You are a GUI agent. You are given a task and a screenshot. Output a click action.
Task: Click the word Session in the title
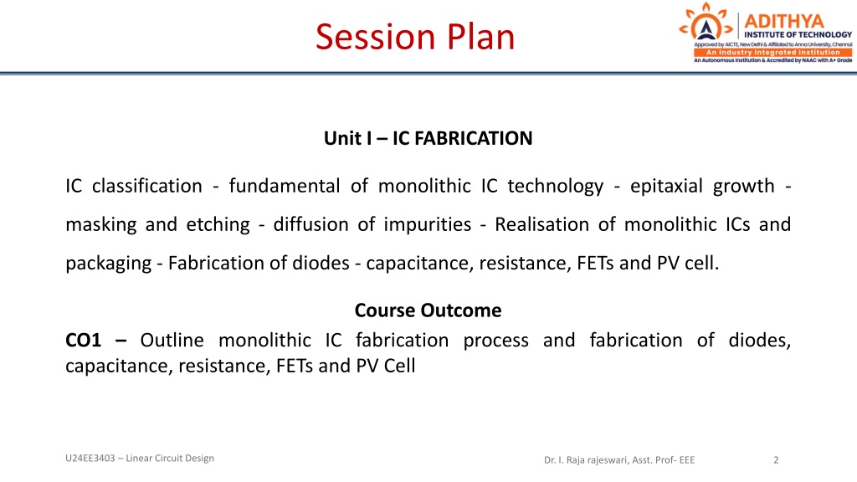(376, 37)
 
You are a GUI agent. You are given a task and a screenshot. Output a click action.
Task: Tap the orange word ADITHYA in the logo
(783, 21)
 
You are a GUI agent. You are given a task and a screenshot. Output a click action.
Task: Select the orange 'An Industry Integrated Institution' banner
(772, 53)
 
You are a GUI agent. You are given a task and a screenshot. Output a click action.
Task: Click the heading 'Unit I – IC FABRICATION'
(428, 138)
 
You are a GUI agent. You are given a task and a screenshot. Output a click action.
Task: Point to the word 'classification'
(147, 186)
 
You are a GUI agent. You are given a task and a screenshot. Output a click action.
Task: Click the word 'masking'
(100, 224)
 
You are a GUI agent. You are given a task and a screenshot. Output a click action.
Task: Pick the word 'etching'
(218, 224)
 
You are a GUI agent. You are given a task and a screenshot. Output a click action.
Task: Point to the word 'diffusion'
(310, 224)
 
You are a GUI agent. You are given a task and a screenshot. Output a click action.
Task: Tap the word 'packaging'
(108, 264)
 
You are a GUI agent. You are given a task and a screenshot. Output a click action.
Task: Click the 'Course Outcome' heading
(428, 310)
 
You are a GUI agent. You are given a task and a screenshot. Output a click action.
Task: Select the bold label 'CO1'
(83, 340)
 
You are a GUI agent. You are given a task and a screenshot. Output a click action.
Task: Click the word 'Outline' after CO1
(172, 340)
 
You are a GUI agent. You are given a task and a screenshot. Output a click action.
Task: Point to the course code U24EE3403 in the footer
(90, 458)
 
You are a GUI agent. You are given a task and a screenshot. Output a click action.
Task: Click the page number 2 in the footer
(776, 460)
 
